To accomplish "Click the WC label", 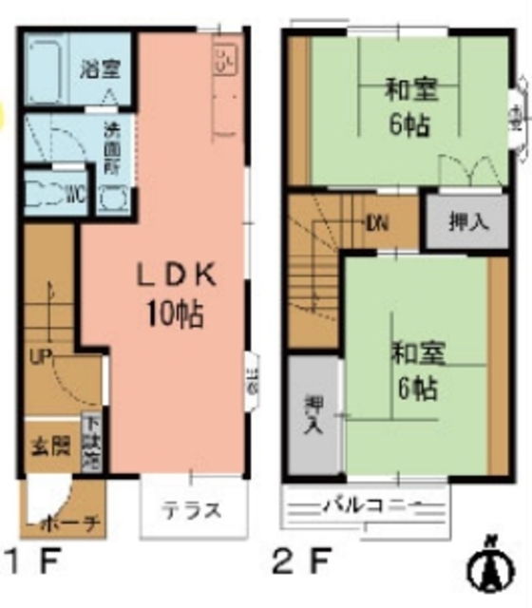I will tap(77, 196).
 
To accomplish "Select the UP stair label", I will tap(41, 357).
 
